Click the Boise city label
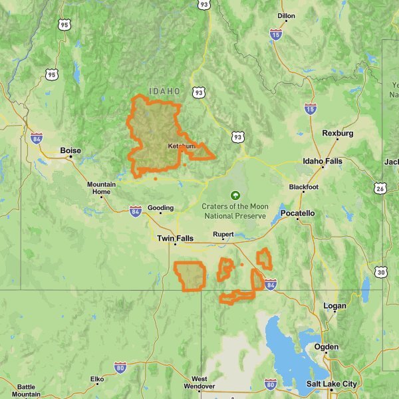(x=70, y=151)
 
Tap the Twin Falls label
(x=175, y=238)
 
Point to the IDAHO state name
(x=164, y=91)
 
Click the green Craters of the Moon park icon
(x=234, y=196)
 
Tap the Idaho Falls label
(x=323, y=161)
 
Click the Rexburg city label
(x=337, y=133)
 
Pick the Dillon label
(x=286, y=15)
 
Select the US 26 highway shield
(x=380, y=189)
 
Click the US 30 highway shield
(x=380, y=271)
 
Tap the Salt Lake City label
(x=331, y=384)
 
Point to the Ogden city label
(x=327, y=346)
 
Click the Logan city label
(x=334, y=306)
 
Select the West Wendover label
(x=199, y=382)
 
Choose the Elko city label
(x=97, y=380)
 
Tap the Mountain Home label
(x=101, y=188)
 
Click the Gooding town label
(x=160, y=207)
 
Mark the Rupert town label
(x=223, y=234)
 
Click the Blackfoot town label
(x=303, y=188)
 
